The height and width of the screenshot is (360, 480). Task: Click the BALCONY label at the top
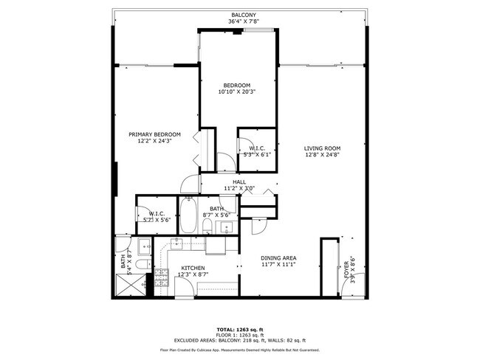(244, 15)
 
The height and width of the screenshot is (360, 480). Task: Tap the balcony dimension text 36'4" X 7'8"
(244, 21)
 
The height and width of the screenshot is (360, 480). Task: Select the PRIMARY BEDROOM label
(154, 134)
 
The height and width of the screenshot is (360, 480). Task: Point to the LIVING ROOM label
(322, 148)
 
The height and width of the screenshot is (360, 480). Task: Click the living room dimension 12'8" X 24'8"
(322, 155)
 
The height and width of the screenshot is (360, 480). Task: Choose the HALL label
(239, 181)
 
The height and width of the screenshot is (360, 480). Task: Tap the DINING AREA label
(278, 257)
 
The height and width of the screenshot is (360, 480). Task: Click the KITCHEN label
(193, 268)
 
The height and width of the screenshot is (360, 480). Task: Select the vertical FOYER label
(346, 270)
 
